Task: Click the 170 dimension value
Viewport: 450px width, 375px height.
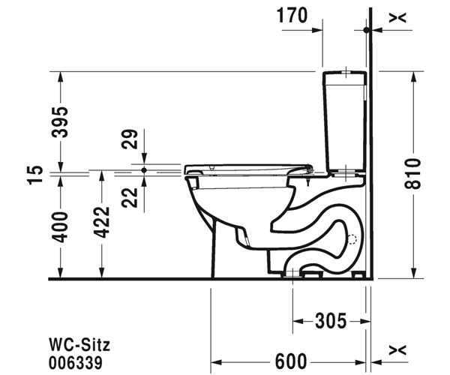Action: [292, 16]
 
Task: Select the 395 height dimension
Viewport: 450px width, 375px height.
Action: [60, 122]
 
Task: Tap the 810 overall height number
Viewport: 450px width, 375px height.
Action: [412, 173]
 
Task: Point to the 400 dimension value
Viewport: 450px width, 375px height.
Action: [60, 227]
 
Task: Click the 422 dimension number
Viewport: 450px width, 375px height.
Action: [102, 222]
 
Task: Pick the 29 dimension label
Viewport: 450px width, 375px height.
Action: [130, 139]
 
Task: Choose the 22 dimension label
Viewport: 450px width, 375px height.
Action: [130, 197]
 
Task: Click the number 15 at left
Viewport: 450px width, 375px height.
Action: [35, 175]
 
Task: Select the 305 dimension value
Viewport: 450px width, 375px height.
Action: [331, 321]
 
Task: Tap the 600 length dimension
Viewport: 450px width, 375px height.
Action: [291, 361]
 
